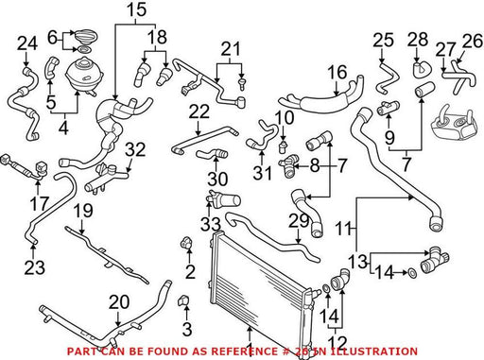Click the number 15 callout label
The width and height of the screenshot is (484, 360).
pos(137,9)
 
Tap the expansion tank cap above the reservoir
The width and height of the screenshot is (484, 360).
pos(85,35)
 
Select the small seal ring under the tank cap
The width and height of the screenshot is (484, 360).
pos(84,50)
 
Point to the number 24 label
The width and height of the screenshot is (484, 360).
pos(27,43)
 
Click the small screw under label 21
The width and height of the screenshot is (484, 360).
pos(242,82)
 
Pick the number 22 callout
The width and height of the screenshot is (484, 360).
pos(199,111)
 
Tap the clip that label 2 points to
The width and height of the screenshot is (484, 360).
pos(186,243)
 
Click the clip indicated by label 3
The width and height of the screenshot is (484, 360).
pos(183,300)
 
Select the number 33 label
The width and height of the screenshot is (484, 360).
pos(211,225)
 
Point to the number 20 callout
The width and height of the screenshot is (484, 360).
pos(119,302)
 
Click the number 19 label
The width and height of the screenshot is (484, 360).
pos(83,211)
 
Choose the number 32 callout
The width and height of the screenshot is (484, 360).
pos(135,149)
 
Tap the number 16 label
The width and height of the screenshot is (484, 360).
pos(337,72)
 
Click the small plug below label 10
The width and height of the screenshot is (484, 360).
pos(283,146)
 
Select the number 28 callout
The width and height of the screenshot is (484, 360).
pos(418,40)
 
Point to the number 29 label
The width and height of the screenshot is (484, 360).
pos(299,221)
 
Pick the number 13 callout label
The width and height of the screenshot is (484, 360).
pos(358,261)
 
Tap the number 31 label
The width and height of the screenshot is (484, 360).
pos(263,173)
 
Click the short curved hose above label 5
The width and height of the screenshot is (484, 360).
pos(52,66)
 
